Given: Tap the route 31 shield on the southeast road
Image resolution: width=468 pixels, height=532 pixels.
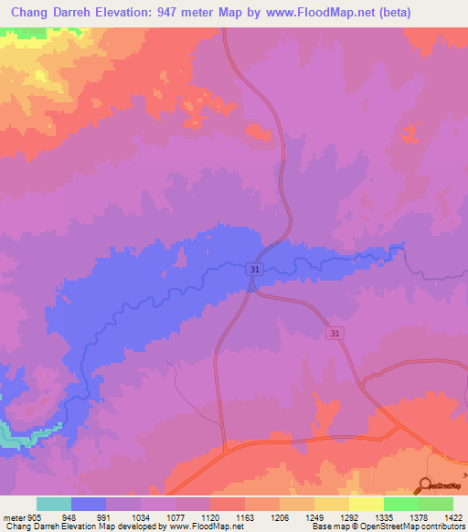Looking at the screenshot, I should [336, 334].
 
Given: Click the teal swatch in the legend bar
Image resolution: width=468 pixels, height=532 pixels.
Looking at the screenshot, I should [54, 504].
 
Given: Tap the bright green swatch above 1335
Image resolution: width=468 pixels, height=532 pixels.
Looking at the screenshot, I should [400, 504].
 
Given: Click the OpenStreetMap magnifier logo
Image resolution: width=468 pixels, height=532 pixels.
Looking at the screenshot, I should [425, 486].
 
